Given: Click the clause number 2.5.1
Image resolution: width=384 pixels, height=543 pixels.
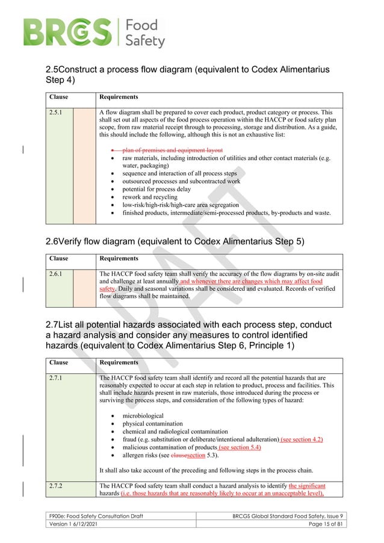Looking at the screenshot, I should [58, 112].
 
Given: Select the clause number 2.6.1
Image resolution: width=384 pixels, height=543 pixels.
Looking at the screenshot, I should [58, 273].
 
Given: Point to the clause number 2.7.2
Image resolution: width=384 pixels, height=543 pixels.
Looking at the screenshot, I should [58, 485].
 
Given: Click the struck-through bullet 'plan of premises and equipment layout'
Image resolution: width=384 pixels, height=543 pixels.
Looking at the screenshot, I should [172, 150].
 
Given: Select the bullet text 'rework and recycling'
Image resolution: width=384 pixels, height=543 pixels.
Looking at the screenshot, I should [149, 197].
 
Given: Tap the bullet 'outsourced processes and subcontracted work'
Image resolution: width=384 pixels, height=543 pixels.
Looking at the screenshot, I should [181, 181].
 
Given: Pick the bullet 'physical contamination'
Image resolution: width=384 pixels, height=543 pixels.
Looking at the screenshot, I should [153, 424].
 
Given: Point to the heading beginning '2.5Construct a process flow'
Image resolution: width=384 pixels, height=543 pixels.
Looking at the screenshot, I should [187, 75].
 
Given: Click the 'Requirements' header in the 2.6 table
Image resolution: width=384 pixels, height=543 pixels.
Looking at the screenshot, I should [119, 258].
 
